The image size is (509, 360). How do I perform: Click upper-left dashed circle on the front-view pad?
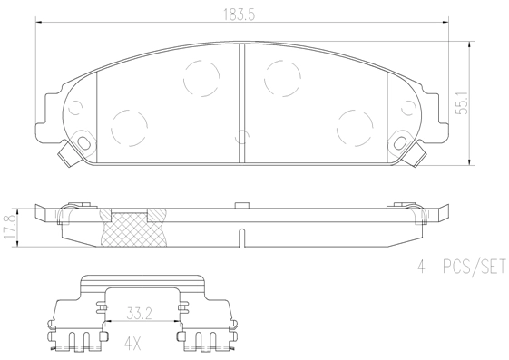click(x=200, y=77)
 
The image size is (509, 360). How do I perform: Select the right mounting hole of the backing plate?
click(x=401, y=144)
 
